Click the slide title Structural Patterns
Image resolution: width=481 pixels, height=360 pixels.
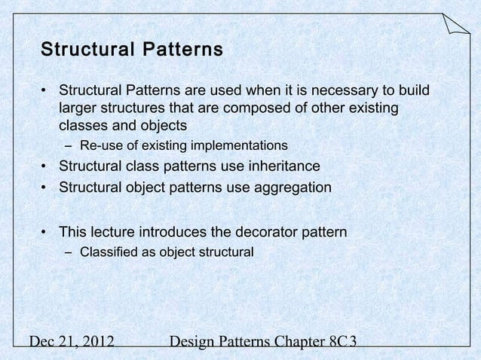pos(131,50)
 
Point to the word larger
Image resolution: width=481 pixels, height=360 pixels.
pos(81,109)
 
